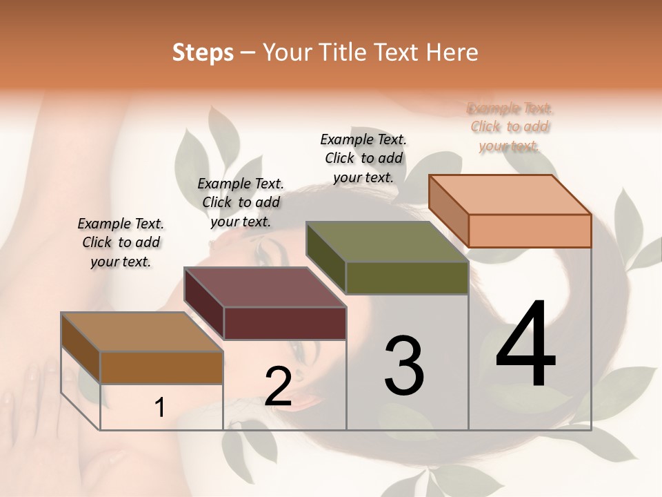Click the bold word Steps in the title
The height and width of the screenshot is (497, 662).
point(202,52)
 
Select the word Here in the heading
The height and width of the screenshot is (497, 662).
point(453,52)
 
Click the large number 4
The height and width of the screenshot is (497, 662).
point(525,345)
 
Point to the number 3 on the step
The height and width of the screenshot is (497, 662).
point(403,366)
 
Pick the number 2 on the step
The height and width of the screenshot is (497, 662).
point(278,387)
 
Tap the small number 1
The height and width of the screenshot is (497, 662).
point(160,407)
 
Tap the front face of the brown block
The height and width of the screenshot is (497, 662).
point(161,367)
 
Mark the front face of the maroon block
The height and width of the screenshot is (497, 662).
point(284,323)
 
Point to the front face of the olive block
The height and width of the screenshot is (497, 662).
point(407,277)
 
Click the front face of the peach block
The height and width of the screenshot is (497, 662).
point(530,231)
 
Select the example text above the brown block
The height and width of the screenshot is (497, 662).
point(121,242)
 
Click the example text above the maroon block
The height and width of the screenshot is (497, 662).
point(241,202)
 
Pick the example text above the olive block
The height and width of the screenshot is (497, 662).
point(363,158)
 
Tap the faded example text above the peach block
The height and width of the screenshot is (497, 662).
point(510,126)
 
